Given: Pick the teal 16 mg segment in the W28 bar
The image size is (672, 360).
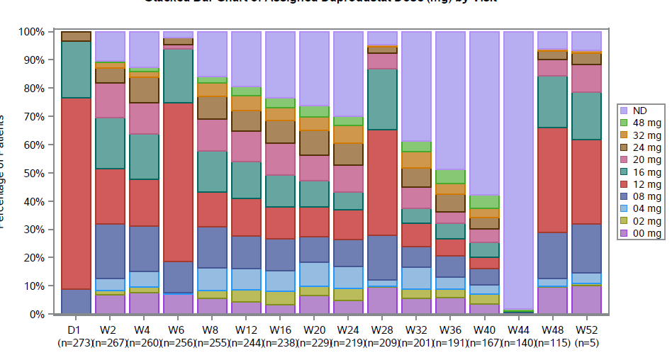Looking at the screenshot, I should click(382, 99).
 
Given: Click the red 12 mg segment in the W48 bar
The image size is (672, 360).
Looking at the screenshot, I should click(552, 180).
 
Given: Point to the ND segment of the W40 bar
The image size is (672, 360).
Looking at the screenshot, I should click(484, 113).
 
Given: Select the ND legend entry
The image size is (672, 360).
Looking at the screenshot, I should click(640, 111).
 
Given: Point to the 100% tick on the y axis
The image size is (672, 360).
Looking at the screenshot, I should click(31, 32).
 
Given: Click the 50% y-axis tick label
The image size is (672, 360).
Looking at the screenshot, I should click(33, 173).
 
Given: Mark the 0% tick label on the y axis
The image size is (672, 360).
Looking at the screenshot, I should click(36, 314).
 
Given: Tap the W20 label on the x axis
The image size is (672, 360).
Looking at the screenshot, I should click(314, 330).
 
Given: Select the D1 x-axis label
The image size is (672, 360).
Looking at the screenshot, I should click(76, 330).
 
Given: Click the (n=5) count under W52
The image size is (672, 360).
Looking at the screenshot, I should click(586, 343).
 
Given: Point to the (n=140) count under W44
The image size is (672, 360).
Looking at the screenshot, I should click(518, 343).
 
